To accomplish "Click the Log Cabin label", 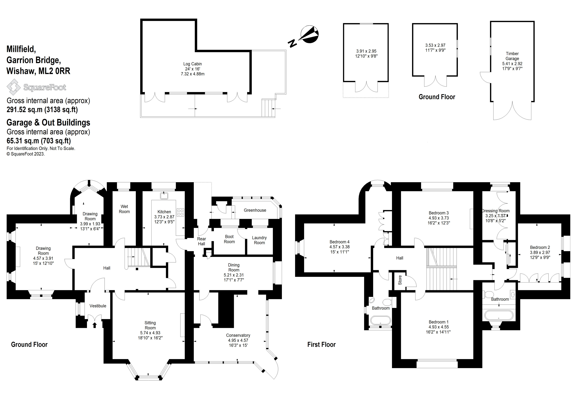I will coord(192,64).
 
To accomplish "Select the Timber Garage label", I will coord(512,56).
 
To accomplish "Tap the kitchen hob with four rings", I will coord(180,212).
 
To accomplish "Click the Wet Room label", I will coord(124,209).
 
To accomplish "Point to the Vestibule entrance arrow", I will coord(95,325).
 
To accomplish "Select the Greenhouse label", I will coord(255,210).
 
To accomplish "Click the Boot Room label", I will coord(229,239).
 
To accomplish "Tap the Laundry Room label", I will coord(259,240).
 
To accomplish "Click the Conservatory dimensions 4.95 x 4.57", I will coord(238,340).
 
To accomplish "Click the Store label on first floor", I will coord(400,280).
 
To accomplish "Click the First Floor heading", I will coord(321,345).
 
